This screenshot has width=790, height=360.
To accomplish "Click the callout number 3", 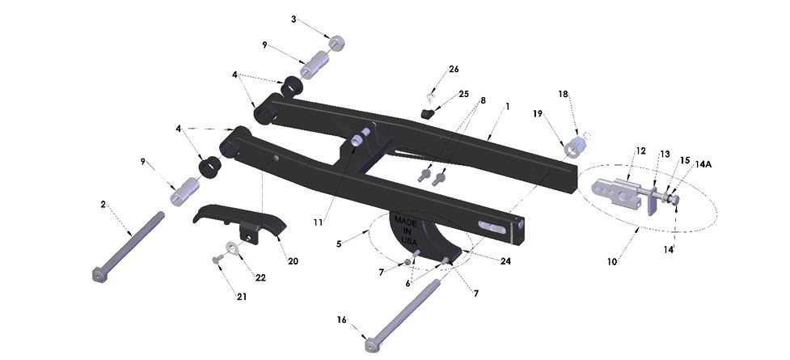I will [294, 18].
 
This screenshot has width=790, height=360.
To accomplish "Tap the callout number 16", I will [342, 320].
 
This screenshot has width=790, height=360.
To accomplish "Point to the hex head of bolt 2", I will [98, 277].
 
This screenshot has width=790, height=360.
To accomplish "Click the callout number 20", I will [293, 260].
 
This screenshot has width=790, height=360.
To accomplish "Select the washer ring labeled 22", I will [232, 248].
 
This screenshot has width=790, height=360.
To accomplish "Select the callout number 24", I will [505, 261].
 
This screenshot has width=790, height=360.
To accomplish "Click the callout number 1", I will [508, 106].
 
